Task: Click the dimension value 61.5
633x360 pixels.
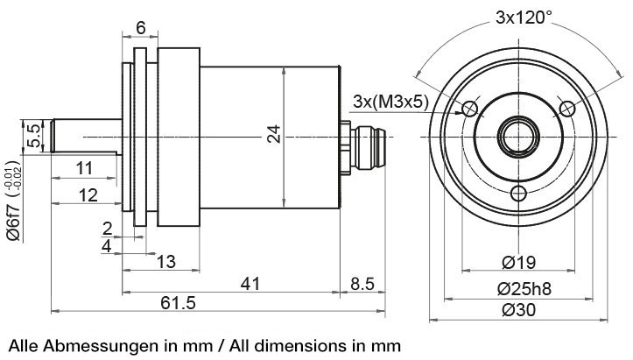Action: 178,302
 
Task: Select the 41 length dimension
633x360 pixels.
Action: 251,283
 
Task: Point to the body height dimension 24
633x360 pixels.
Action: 274,134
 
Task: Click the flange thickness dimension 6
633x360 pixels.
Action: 141,27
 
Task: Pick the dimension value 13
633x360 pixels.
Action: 165,261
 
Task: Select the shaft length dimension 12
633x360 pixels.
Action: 87,194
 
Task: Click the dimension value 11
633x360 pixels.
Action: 84,167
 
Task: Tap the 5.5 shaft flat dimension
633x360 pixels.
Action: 33,136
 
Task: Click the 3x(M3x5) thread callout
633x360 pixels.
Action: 390,102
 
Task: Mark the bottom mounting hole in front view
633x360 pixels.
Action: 519,193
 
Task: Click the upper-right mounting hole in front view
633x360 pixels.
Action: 566,109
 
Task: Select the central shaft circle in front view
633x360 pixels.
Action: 518,137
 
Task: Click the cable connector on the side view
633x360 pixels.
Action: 364,138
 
